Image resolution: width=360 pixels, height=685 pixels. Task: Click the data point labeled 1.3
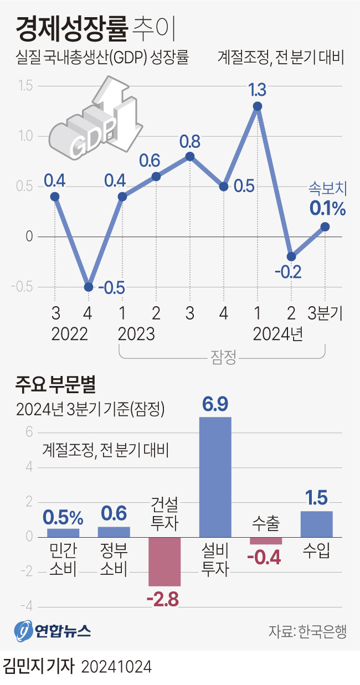click(x=257, y=106)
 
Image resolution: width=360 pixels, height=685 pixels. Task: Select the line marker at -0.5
click(x=89, y=286)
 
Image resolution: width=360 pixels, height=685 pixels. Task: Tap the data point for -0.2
click(x=291, y=256)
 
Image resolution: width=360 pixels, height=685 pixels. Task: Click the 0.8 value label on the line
click(x=189, y=142)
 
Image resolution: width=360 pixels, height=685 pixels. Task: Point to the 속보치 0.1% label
click(x=327, y=200)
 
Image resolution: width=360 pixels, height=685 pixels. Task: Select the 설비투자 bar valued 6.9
click(x=215, y=476)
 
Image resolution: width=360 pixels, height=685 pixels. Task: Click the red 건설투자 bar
click(x=164, y=561)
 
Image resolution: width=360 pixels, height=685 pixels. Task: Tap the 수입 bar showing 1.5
click(x=316, y=524)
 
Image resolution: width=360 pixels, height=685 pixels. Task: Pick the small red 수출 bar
click(x=266, y=540)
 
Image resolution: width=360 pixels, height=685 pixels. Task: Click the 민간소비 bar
click(x=63, y=533)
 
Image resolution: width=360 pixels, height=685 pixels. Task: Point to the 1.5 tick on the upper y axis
click(x=25, y=86)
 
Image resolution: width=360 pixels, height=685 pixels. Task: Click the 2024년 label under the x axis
click(x=277, y=334)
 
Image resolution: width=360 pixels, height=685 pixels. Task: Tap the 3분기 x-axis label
click(x=326, y=314)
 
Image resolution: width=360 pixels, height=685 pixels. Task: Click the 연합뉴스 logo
click(x=53, y=630)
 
